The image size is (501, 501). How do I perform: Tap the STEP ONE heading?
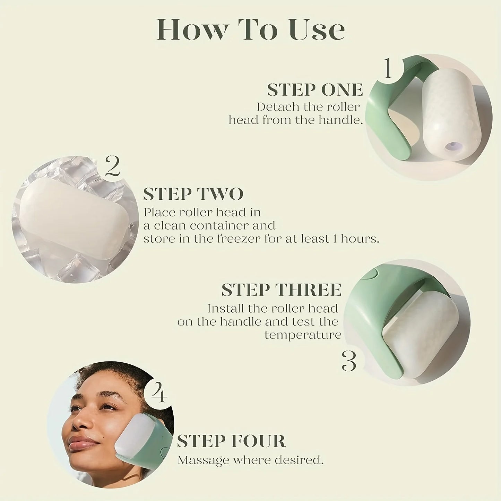(315, 90)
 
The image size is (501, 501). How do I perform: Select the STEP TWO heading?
(193, 194)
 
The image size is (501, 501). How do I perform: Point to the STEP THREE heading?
(281, 290)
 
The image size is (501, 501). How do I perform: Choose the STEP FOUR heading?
(231, 441)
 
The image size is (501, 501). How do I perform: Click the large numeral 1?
(388, 68)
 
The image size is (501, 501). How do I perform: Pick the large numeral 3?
(349, 361)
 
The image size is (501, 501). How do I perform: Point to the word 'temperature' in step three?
(303, 335)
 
